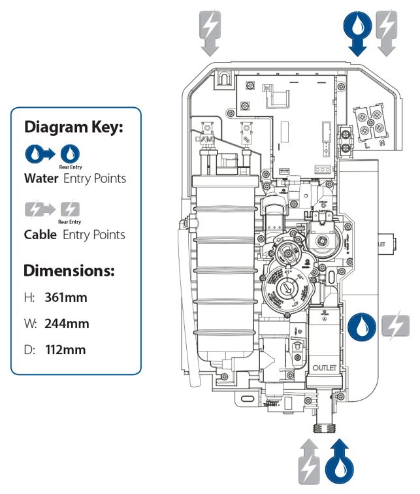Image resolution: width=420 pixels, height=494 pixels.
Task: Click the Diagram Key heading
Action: (73, 127)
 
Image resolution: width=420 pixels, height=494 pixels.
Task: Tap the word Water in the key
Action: (40, 178)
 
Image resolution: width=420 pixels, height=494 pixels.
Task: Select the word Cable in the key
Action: (40, 235)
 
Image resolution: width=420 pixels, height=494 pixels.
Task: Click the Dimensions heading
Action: (69, 270)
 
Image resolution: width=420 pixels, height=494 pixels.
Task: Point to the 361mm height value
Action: (66, 298)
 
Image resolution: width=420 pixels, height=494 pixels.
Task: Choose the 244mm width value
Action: (67, 323)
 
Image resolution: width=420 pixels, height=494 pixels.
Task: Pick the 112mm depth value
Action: (65, 350)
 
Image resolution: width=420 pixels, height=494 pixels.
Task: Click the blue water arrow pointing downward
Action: (357, 32)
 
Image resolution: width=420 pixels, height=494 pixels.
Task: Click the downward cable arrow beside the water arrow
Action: (387, 32)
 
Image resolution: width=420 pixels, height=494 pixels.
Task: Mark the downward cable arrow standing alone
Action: (210, 32)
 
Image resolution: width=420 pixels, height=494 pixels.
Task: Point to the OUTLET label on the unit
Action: (329, 368)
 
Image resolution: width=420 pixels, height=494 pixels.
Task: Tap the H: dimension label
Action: (29, 298)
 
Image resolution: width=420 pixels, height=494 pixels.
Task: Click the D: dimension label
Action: (29, 350)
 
